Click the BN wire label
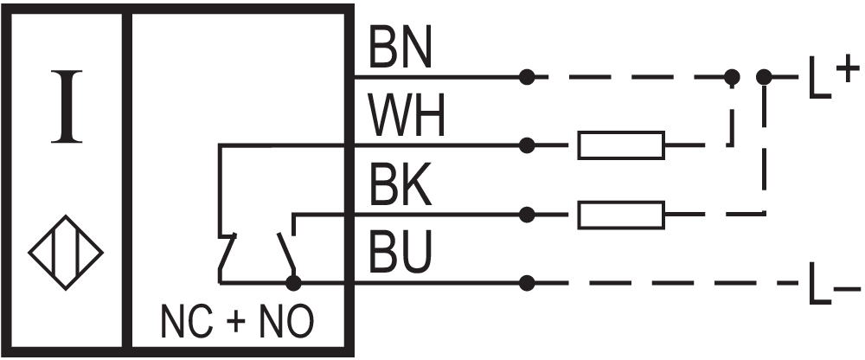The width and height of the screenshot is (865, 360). point(400,49)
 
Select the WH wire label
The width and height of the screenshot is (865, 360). point(407,117)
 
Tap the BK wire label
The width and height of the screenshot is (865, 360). point(400,186)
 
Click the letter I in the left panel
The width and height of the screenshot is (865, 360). point(67,107)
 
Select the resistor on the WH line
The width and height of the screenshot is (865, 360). point(621,145)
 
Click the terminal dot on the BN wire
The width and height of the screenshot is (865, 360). point(527,77)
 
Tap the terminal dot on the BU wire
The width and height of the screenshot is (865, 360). point(527,282)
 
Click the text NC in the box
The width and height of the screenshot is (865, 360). point(185,323)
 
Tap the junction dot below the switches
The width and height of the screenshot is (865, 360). point(294,282)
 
